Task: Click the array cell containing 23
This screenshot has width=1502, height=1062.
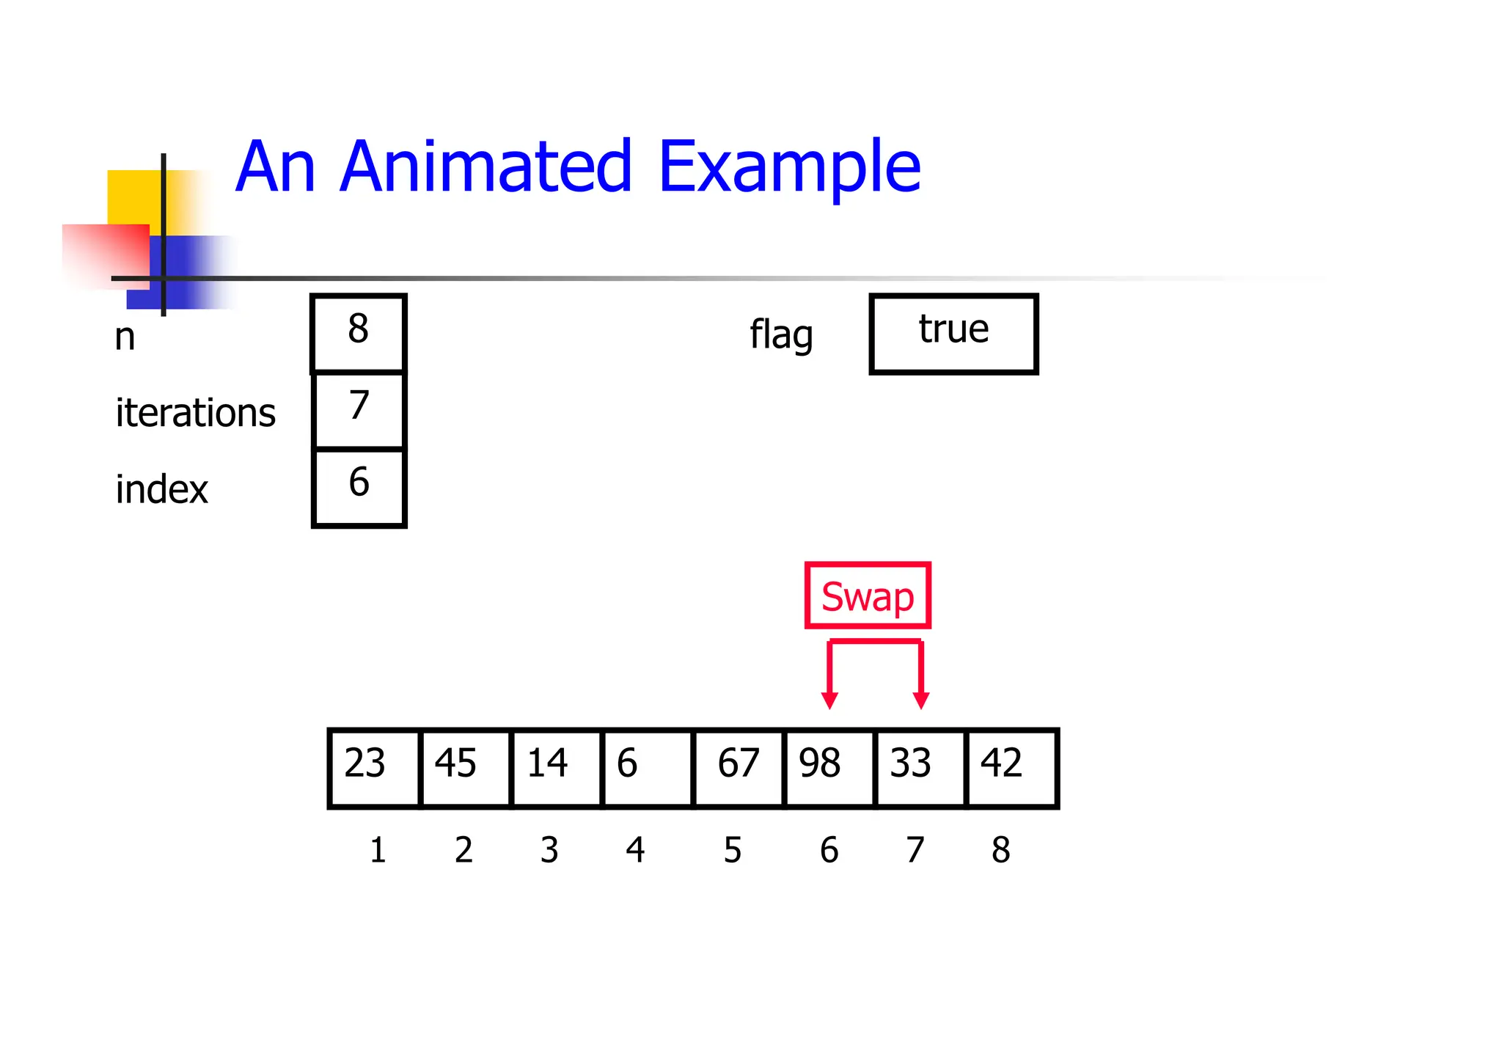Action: [x=375, y=768]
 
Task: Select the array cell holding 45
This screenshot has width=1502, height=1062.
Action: [x=466, y=768]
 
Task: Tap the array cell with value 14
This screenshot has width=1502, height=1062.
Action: [x=557, y=768]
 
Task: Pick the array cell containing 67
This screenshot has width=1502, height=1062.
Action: [x=739, y=768]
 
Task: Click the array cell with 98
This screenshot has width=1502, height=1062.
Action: [x=829, y=768]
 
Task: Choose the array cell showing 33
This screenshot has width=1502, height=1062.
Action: [x=920, y=768]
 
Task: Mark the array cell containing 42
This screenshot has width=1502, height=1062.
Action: [x=1011, y=768]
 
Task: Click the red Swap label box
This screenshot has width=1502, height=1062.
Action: [x=868, y=596]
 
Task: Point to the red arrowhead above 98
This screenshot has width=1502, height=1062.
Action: [x=829, y=700]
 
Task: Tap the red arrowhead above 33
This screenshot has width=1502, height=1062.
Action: [x=921, y=700]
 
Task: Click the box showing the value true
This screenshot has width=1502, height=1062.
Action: [x=953, y=334]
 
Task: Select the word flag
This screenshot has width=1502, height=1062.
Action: [x=781, y=335]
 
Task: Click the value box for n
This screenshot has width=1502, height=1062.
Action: [x=359, y=333]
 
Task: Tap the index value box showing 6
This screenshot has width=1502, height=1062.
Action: [x=359, y=487]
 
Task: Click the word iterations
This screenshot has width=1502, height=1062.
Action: [x=195, y=412]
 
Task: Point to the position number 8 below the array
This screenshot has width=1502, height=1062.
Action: [x=1000, y=850]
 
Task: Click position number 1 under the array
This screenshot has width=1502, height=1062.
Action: [x=378, y=850]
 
